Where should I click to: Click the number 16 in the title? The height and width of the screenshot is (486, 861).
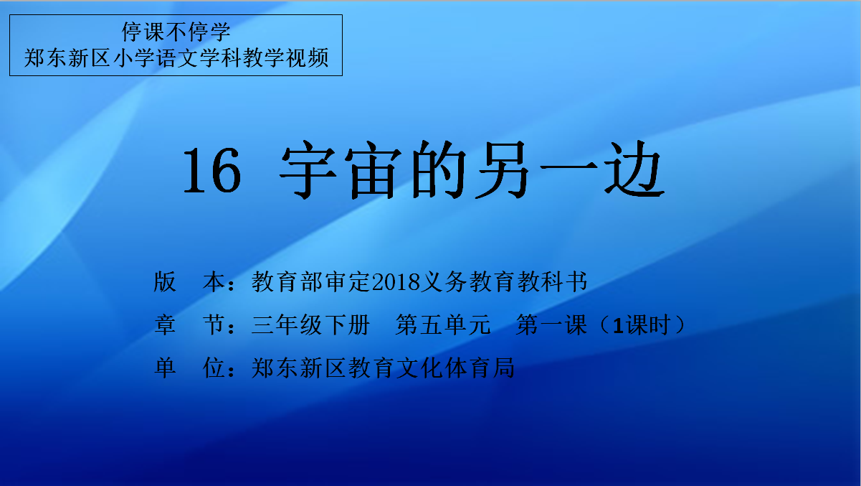pos(212,170)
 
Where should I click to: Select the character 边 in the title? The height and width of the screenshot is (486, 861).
pos(634,169)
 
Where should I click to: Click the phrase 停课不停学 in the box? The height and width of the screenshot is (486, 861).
pos(176,32)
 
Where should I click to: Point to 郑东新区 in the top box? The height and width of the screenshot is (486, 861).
pos(67,58)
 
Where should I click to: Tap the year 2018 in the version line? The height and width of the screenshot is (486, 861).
pos(396,282)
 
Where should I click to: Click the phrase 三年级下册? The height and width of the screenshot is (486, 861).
pos(311,324)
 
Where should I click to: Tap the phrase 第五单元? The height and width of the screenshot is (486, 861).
pos(443,324)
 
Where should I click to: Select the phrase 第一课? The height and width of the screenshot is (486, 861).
pos(551,324)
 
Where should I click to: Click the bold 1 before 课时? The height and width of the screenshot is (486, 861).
pos(618,325)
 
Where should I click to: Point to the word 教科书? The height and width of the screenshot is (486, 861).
pos(552,281)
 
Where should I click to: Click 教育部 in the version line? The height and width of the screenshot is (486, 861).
pos(287,281)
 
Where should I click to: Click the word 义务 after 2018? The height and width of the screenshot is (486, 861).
pos(444,281)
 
